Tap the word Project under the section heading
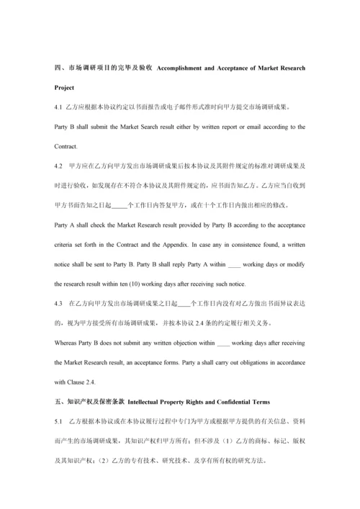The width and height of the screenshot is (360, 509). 64,89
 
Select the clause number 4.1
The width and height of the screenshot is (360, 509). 58,107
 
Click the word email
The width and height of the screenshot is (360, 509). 243,127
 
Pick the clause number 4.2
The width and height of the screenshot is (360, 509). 58,166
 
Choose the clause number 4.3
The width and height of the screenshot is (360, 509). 58,303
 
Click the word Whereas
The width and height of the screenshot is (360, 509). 67,343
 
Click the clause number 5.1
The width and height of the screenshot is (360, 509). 58,420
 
